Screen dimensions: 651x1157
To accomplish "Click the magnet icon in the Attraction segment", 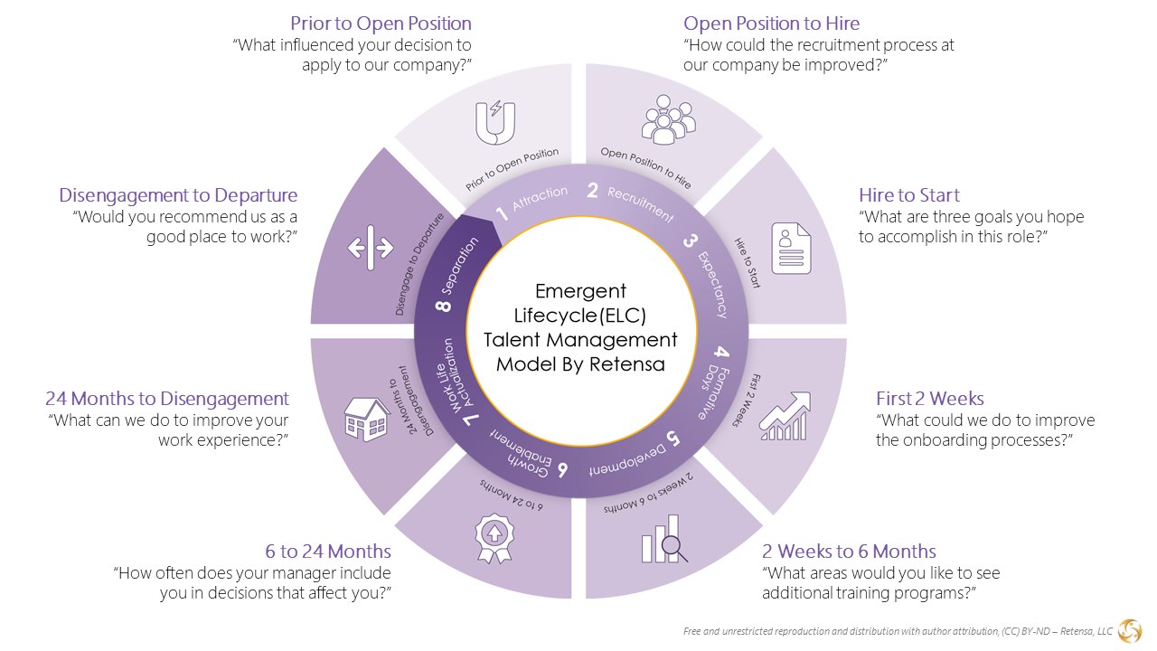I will coord(495,123).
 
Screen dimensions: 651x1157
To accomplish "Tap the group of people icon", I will coord(667,120).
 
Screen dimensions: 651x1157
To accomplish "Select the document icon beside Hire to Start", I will coord(791,248).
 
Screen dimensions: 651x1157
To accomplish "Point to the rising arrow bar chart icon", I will coord(784,417).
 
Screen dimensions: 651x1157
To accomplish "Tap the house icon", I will coord(367,419).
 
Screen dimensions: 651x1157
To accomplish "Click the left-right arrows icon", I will coord(371,248).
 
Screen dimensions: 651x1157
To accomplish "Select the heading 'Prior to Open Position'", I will coord(381,24).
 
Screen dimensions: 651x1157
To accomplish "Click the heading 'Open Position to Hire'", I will coord(771,24).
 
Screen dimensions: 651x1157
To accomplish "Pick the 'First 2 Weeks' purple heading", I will coord(929,399).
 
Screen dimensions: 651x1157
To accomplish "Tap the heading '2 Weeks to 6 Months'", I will coord(849,552).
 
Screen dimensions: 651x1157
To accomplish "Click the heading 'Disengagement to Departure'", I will coord(178,195).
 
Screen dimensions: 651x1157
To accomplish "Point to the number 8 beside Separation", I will coord(444,305).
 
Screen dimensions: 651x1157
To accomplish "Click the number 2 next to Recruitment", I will coord(593,190).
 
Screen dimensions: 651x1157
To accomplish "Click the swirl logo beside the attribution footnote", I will coord(1129,630).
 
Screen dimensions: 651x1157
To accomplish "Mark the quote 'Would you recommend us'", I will coord(186,217).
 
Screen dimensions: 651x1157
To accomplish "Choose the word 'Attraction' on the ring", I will coord(540,199).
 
